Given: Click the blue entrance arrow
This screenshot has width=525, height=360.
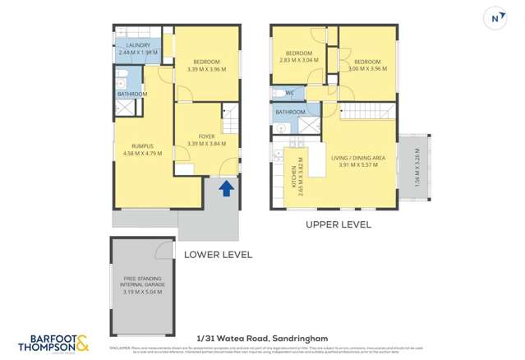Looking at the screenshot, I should pyautogui.click(x=226, y=188).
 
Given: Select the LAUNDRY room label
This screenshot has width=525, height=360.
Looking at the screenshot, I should pyautogui.click(x=134, y=45).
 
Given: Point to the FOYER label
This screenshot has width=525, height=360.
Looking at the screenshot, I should pyautogui.click(x=206, y=136).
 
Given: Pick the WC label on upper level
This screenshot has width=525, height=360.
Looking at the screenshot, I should pyautogui.click(x=290, y=92).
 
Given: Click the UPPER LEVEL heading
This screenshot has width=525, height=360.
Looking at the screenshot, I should pyautogui.click(x=338, y=224).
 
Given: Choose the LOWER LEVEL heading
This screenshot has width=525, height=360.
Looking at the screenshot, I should pyautogui.click(x=218, y=255).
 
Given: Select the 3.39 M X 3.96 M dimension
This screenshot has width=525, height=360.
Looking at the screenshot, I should pyautogui.click(x=206, y=69).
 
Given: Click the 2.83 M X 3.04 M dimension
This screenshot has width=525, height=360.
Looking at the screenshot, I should pyautogui.click(x=298, y=60).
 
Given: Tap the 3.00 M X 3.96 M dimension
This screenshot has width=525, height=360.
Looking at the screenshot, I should pyautogui.click(x=366, y=69).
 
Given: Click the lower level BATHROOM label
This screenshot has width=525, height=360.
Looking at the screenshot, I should pyautogui.click(x=131, y=95).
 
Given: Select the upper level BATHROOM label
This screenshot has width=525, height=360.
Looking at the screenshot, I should pyautogui.click(x=290, y=112).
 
